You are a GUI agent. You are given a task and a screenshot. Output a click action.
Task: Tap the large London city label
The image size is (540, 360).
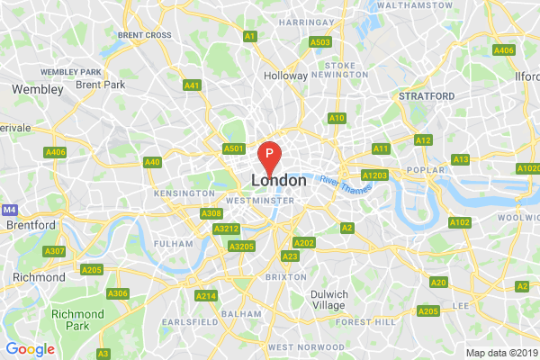[279, 181]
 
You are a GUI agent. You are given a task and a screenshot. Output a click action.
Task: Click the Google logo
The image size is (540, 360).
[31, 349]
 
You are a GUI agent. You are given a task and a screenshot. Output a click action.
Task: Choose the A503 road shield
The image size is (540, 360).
[319, 42]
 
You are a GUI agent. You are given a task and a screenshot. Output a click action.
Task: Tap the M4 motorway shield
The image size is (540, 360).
[9, 209]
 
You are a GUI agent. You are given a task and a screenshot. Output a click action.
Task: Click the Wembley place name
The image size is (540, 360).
[37, 90]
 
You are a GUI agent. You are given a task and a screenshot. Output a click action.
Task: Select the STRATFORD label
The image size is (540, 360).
[422, 94]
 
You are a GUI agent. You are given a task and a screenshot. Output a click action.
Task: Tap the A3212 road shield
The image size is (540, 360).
[225, 229]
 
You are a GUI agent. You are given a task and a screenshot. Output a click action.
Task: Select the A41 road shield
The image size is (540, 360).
[191, 85]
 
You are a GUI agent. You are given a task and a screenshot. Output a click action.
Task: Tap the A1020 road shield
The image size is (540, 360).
[527, 168]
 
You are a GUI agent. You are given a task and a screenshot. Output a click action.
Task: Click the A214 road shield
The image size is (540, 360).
[205, 296]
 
